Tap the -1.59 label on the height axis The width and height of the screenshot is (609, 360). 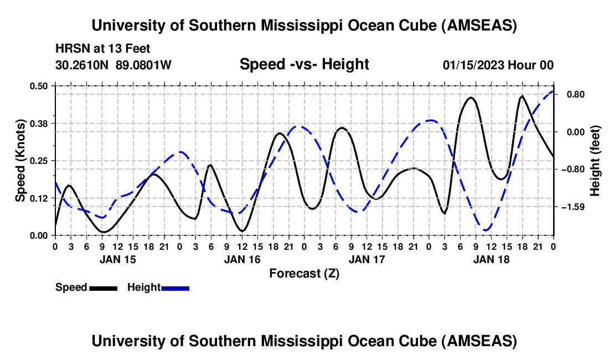[571, 207]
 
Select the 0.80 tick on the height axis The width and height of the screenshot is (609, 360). [571, 94]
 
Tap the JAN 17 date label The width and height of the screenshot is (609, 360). [367, 259]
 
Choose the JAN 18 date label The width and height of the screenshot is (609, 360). [491, 259]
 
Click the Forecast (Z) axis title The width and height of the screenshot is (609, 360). [304, 274]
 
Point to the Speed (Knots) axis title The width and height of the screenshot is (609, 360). [20, 160]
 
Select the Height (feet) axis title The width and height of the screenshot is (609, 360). [595, 161]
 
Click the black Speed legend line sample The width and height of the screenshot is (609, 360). [103, 287]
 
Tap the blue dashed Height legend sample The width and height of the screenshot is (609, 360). [176, 287]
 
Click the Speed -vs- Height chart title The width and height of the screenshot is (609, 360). [304, 65]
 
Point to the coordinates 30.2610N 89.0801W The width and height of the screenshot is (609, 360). [113, 65]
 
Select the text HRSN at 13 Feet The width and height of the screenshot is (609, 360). [103, 49]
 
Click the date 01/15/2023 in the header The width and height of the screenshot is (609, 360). [474, 65]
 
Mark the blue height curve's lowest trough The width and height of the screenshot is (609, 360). [487, 230]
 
